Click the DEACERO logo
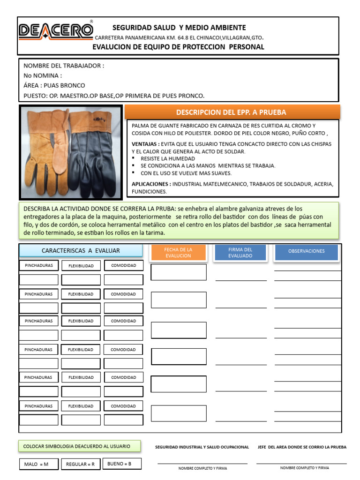(x=55, y=31)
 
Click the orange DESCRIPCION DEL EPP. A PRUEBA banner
(x=231, y=112)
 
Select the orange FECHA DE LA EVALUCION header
(x=178, y=252)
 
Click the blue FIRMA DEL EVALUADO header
(x=240, y=252)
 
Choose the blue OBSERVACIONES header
(x=307, y=251)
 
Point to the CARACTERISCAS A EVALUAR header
(x=81, y=250)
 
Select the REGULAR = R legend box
(x=80, y=465)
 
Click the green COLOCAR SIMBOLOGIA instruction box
(x=77, y=446)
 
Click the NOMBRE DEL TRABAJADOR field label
(x=64, y=66)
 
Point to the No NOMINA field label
(x=43, y=75)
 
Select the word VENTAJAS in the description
(x=145, y=144)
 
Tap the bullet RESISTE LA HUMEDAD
(x=167, y=158)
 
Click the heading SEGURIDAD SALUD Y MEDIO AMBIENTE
(x=179, y=28)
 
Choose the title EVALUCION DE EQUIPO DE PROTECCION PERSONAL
(x=178, y=47)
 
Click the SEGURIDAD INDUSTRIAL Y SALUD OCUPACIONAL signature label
(x=202, y=447)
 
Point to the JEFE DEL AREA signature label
(x=302, y=447)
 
